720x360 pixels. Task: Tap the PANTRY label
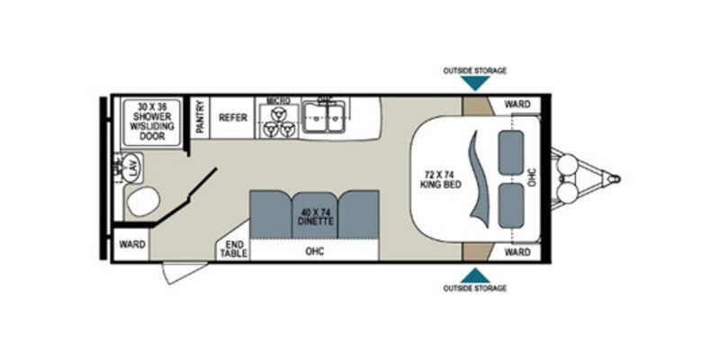click(200, 117)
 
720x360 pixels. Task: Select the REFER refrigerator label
click(233, 118)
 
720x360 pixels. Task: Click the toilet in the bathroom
click(141, 201)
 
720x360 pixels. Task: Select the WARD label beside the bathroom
click(132, 242)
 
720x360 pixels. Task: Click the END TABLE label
click(233, 249)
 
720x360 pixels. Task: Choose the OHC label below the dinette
click(314, 251)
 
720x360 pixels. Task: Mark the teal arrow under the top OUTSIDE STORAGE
click(476, 84)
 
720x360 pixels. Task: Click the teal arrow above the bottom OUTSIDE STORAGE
click(476, 274)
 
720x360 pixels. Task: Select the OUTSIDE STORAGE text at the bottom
click(475, 288)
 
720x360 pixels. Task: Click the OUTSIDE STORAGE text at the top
click(475, 70)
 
